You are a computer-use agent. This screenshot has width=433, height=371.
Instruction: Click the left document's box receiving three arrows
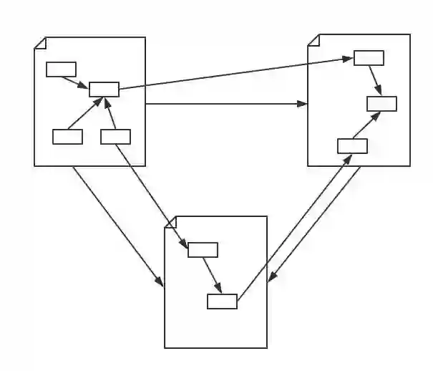104,90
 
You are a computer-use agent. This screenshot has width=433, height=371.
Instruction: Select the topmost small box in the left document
61,69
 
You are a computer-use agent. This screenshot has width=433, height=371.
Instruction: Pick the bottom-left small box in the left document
67,136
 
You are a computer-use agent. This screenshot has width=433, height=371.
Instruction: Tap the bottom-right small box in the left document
115,136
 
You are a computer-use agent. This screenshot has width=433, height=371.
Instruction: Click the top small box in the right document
369,58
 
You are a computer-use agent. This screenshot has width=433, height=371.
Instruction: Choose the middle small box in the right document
381,103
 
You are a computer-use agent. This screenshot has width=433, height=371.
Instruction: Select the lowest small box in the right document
352,146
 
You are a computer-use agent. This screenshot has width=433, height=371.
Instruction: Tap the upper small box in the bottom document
203,249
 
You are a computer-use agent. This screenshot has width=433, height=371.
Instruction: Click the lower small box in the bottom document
222,302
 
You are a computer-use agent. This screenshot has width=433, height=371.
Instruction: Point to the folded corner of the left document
40,43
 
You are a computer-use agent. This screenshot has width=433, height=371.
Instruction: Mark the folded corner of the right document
313,39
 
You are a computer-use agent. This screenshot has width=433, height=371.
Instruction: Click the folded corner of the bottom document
170,222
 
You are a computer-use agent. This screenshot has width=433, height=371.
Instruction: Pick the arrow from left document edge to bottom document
118,226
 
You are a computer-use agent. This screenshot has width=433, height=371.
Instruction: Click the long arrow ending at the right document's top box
236,74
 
